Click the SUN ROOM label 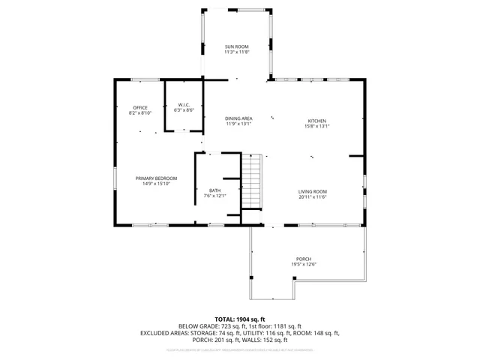(236, 46)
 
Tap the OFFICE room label (141, 107)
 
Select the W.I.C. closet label (184, 104)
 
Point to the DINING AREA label (239, 118)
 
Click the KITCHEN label (317, 121)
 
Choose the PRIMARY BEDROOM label (156, 178)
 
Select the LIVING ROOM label (313, 191)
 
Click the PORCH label (304, 259)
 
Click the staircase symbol (253, 181)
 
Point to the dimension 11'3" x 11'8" (236, 52)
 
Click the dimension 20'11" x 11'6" (313, 197)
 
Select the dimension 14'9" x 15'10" (156, 184)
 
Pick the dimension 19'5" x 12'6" (304, 265)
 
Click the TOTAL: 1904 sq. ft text (240, 319)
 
